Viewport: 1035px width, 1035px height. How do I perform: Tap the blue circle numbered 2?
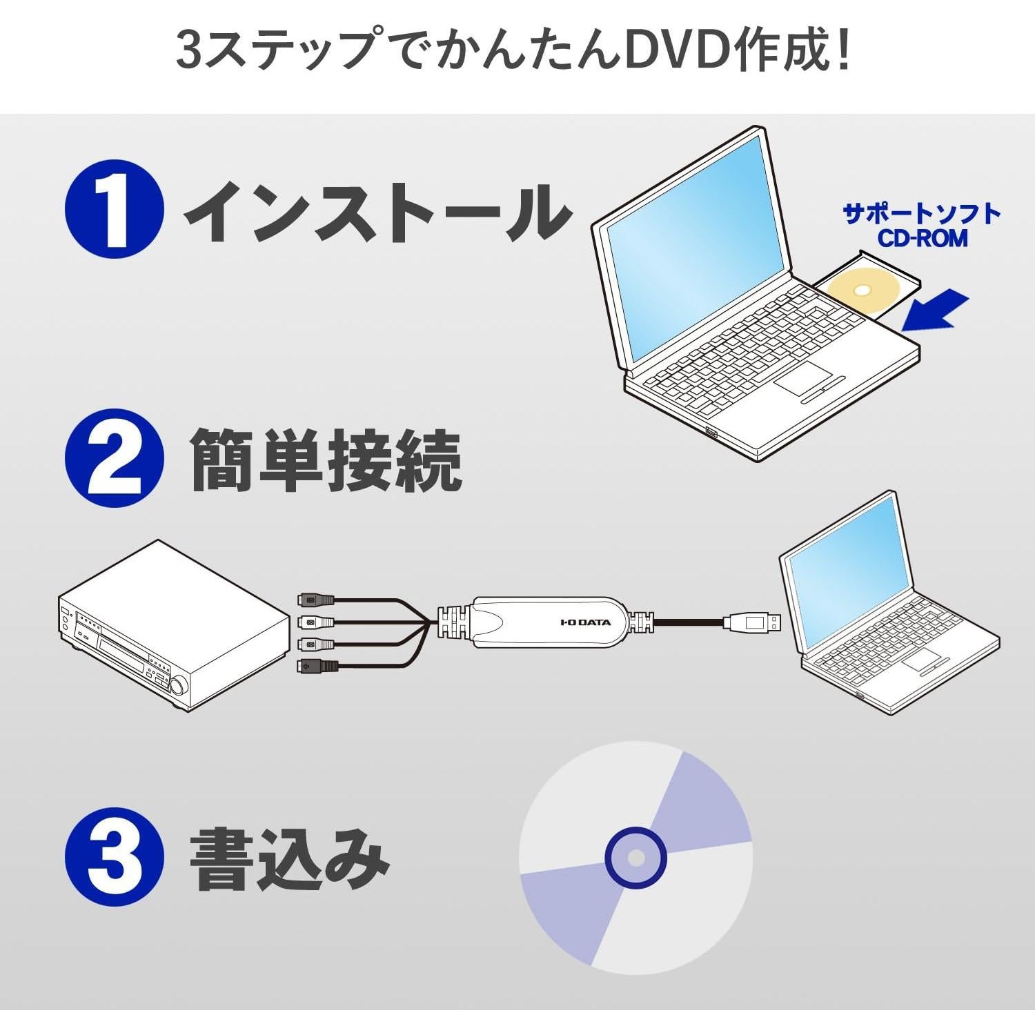click(115, 459)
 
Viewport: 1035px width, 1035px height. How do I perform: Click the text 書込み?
click(290, 859)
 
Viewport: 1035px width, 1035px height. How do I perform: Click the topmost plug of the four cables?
click(316, 600)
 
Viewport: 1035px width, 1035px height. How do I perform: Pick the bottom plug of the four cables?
click(317, 667)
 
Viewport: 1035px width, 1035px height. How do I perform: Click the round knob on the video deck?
click(179, 686)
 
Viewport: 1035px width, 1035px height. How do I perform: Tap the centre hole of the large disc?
click(635, 858)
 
